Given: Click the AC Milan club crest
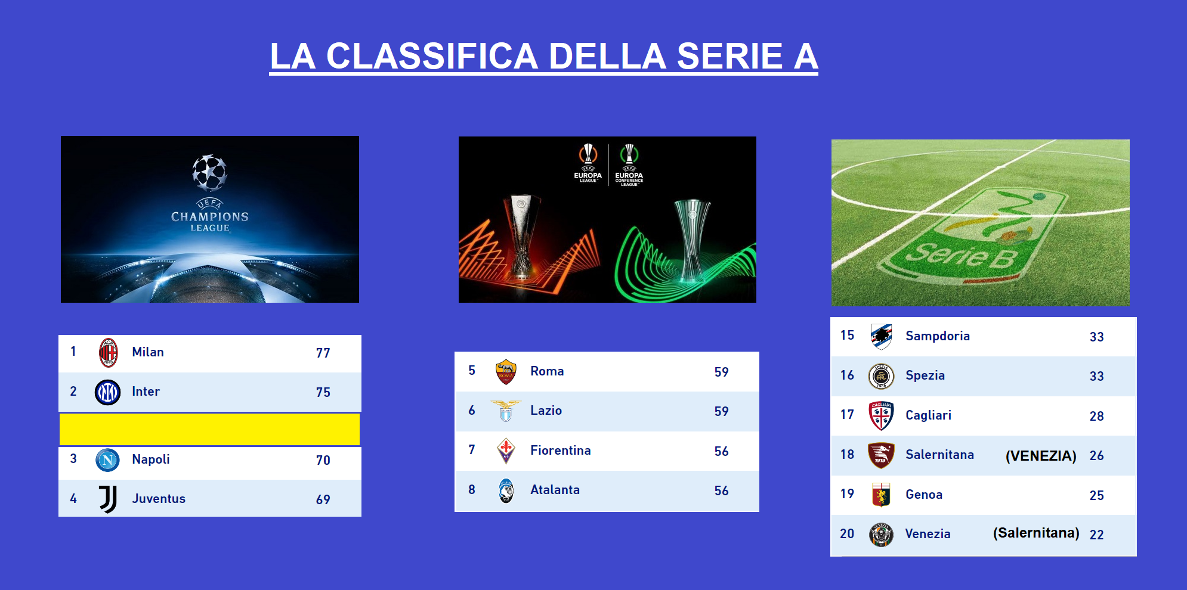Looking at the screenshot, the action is coord(108,352).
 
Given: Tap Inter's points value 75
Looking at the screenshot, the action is coord(323,392).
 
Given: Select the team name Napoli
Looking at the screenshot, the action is coord(151,459).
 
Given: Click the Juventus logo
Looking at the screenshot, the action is coord(108,499).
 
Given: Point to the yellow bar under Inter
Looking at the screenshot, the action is coord(209,429).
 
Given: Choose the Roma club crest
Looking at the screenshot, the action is coord(506,372).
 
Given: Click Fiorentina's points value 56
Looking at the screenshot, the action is coord(722,451).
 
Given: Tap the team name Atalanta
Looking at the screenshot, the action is coord(555,490).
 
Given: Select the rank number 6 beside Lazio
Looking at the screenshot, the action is coord(472,410).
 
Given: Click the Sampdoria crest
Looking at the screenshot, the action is coord(881,337).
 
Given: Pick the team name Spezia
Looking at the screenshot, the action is coord(925,375).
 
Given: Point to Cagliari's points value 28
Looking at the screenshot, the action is coord(1097,416).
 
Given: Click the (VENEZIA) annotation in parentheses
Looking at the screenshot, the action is coord(1041,456).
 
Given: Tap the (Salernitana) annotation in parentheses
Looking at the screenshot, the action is coord(1036,533).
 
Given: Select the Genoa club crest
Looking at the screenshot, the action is coord(881,495).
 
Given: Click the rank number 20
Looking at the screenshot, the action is coord(847,534).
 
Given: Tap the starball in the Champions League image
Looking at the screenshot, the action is coord(209,173).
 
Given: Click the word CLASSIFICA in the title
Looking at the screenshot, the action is coord(432,57).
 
